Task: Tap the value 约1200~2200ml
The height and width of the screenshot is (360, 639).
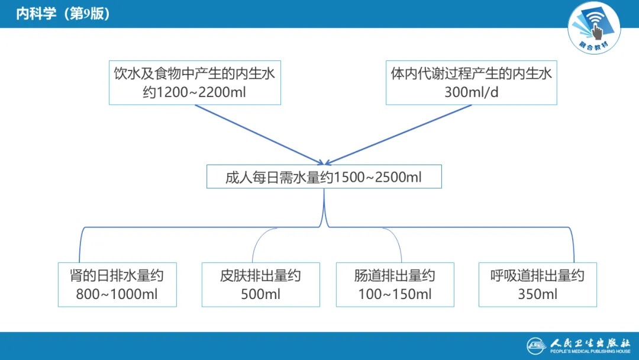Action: click(195, 92)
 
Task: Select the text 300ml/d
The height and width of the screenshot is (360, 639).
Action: click(472, 92)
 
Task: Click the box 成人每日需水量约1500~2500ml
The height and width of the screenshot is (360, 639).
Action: click(324, 177)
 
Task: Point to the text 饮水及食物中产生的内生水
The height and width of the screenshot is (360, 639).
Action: click(195, 74)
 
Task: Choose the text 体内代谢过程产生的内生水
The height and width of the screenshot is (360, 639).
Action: click(472, 74)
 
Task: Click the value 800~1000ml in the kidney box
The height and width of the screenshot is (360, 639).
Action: click(117, 294)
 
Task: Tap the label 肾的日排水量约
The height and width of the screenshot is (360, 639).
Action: click(117, 275)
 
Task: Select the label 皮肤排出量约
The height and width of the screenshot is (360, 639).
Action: click(261, 275)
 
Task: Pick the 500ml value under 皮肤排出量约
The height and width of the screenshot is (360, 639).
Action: click(261, 294)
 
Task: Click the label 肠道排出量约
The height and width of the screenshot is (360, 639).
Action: click(395, 275)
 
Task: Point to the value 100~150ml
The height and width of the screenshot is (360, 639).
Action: click(395, 294)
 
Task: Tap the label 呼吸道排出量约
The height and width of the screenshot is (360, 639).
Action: click(537, 275)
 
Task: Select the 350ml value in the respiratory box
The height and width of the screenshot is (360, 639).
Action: click(537, 294)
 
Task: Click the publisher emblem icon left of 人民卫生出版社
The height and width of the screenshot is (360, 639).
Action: click(538, 346)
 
